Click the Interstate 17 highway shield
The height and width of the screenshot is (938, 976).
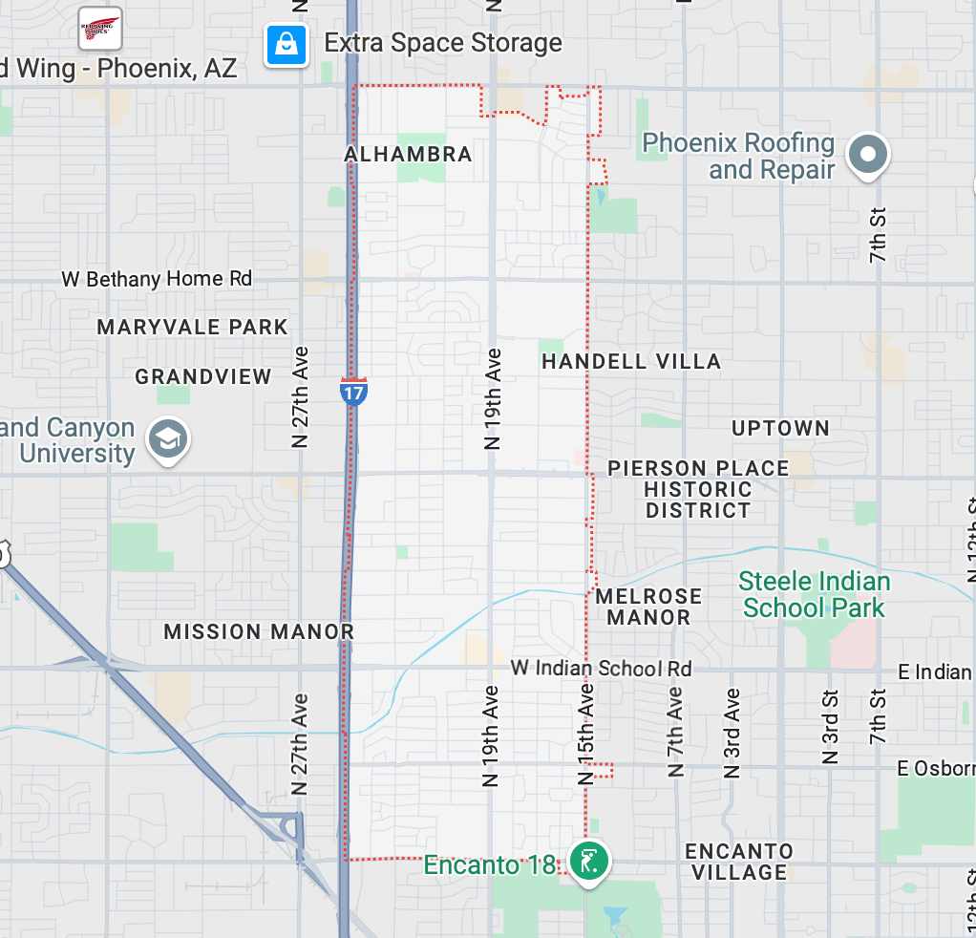click(x=353, y=391)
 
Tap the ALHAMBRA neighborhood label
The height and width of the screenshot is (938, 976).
click(x=408, y=155)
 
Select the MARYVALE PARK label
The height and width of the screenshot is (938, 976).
click(x=192, y=328)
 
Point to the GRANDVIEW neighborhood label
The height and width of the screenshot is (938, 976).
click(x=203, y=377)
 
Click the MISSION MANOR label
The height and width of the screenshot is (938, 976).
click(x=259, y=632)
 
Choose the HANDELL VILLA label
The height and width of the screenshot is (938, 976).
click(x=631, y=362)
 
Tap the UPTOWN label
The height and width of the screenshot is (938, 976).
click(x=780, y=429)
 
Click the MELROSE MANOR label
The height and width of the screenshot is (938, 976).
click(x=648, y=607)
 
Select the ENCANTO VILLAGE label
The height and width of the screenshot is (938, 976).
click(x=739, y=862)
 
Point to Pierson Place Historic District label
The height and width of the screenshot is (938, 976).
click(x=698, y=489)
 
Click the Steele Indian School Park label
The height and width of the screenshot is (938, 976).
click(x=814, y=594)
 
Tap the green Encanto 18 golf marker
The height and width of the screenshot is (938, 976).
click(x=588, y=860)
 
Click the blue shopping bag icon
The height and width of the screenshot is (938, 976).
click(x=286, y=44)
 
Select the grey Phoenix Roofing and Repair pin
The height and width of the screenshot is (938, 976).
click(x=868, y=154)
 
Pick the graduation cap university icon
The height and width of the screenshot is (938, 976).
click(x=168, y=440)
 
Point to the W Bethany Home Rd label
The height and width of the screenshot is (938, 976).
click(x=157, y=279)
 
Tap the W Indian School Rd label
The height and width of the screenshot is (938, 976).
click(x=601, y=669)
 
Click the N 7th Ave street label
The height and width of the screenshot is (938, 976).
click(x=675, y=731)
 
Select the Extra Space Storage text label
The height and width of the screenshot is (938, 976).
click(x=443, y=43)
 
